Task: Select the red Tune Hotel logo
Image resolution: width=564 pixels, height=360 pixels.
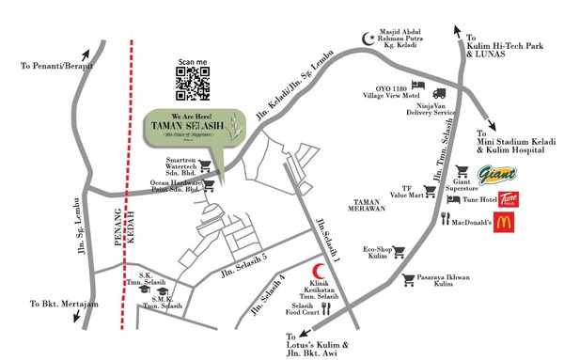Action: click(509, 199)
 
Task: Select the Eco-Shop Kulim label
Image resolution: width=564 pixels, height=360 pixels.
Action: click(377, 253)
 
